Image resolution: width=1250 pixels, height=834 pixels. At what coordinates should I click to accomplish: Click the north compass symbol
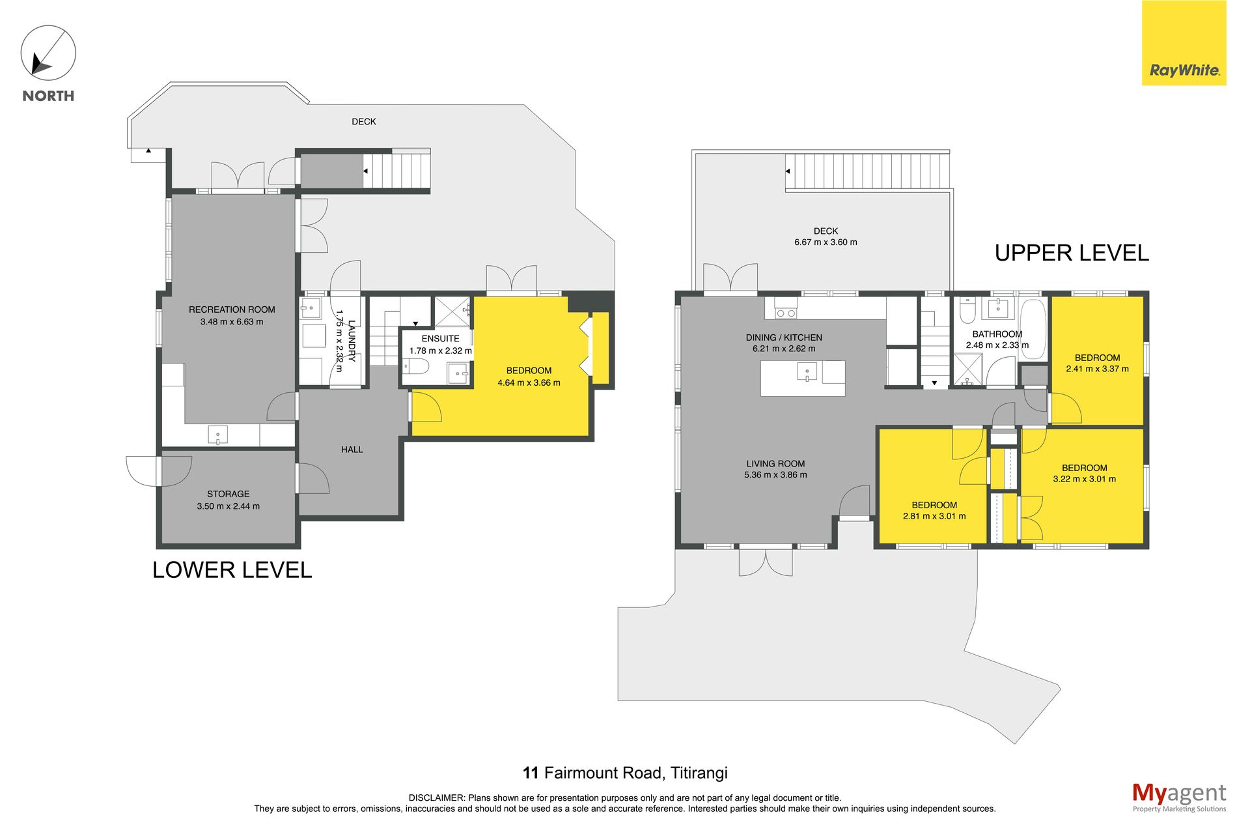(x=48, y=53)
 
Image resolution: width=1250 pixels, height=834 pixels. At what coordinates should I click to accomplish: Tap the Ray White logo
(x=1184, y=43)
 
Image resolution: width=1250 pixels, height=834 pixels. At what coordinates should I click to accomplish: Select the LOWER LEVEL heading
(x=232, y=570)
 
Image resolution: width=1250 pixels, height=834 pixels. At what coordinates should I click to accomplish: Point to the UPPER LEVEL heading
(x=1072, y=253)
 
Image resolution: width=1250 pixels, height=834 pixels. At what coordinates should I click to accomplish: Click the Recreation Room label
(x=232, y=309)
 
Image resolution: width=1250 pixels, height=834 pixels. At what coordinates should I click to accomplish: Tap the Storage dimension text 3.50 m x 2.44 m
(x=229, y=506)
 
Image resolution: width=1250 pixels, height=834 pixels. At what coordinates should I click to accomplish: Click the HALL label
(x=352, y=450)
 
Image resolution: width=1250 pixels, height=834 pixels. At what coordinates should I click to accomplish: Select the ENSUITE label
(x=441, y=339)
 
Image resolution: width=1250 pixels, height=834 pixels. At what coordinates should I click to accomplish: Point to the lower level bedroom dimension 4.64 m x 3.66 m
(x=529, y=383)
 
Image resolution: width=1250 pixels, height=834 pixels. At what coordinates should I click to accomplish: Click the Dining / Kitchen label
(x=784, y=338)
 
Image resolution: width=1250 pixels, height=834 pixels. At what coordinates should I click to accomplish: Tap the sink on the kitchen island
(x=807, y=372)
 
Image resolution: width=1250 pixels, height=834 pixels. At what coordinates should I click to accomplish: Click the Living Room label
(x=775, y=464)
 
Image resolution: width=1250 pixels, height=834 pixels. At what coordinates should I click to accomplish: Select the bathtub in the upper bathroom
(x=1033, y=329)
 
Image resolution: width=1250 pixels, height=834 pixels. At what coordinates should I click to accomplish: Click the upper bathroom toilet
(x=967, y=311)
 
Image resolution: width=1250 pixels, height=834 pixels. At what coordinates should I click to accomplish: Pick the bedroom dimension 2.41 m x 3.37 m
(x=1098, y=369)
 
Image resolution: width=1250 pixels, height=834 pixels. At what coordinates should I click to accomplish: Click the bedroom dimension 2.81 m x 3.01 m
(x=934, y=516)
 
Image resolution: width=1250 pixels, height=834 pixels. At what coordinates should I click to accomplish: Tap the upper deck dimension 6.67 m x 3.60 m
(x=826, y=242)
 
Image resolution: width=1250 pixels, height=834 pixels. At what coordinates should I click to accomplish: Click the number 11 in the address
(x=531, y=773)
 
